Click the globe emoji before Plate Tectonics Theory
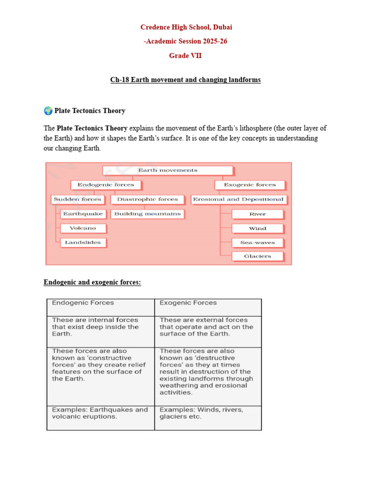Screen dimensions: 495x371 pos(48,111)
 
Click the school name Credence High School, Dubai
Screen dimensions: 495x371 pos(186,27)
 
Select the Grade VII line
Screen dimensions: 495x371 pos(185,56)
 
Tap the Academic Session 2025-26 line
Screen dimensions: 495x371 pos(185,42)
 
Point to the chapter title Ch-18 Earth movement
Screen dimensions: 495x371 pos(185,80)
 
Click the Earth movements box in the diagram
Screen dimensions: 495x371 pos(168,170)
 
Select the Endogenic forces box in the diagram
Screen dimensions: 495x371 pos(105,185)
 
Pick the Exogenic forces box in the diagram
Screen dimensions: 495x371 pos(249,185)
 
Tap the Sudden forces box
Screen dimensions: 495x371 pos(77,199)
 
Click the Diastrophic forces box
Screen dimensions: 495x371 pos(147,199)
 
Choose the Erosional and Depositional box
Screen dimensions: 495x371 pos(238,199)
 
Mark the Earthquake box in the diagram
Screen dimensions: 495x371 pos(83,214)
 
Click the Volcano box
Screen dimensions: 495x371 pos(83,228)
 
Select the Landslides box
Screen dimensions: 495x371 pos(83,242)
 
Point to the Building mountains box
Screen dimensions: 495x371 pos(147,214)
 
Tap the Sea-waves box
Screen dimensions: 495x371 pos(257,243)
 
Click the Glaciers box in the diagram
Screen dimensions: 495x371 pos(257,256)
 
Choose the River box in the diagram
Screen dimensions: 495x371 pos(257,214)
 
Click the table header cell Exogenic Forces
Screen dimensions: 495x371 pos(208,307)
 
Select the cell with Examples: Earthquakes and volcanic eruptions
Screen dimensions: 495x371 pos(100,417)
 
